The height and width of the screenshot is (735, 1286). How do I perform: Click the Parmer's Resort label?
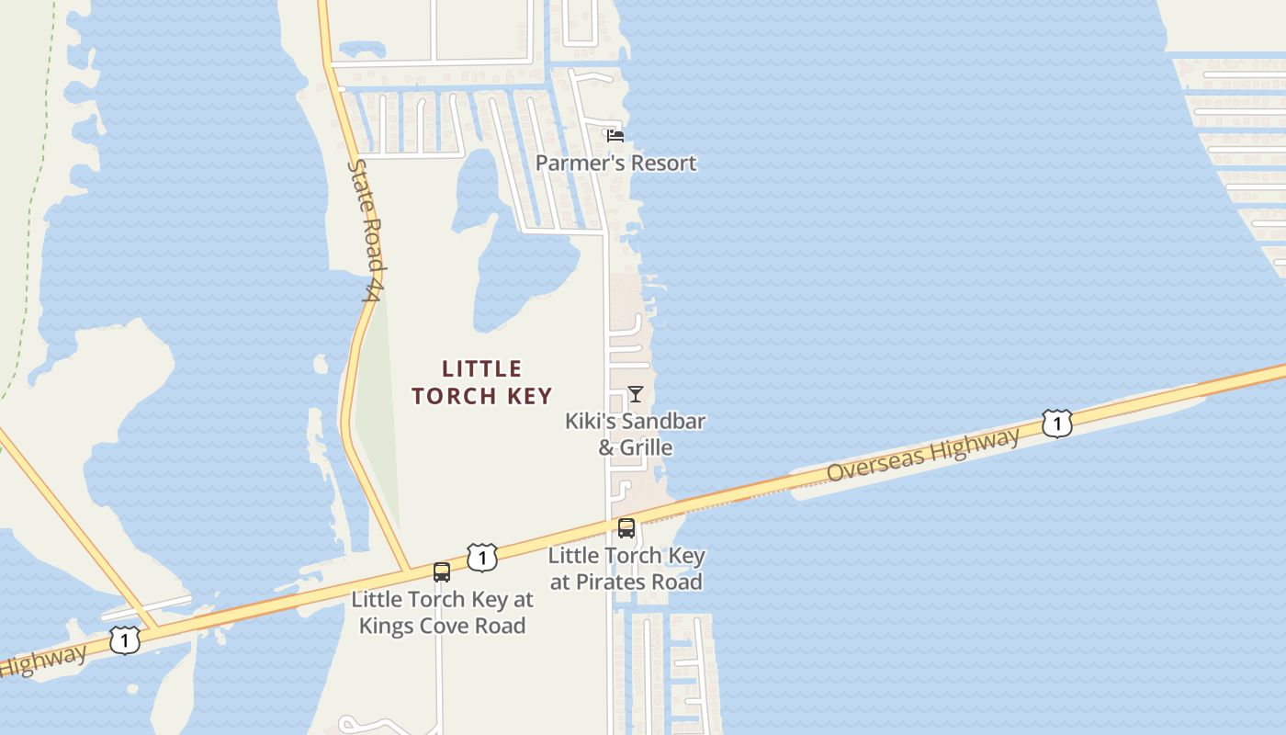pos(615,164)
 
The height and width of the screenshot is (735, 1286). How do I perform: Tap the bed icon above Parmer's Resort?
pos(615,136)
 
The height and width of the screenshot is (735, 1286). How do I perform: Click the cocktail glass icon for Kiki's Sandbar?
pos(635,394)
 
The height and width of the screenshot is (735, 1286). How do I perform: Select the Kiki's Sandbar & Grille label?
pos(635,435)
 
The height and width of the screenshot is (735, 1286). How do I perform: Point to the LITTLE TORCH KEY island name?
pos(481,382)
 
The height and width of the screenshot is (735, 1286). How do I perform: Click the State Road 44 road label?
pos(366,230)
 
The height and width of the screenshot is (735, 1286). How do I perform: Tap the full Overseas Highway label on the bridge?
pos(922,455)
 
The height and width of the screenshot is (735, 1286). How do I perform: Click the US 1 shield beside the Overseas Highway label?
pos(1057,424)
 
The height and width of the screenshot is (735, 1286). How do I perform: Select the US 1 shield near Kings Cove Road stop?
pos(481,557)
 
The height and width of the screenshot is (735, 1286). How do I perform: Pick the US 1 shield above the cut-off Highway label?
pos(125,639)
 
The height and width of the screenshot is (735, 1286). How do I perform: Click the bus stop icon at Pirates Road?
pos(626,528)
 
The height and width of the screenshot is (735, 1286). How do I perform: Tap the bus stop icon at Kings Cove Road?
pos(442,572)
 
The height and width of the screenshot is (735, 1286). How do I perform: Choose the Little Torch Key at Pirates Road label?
pos(626,569)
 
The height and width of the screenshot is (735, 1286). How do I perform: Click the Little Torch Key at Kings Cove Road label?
pos(442,613)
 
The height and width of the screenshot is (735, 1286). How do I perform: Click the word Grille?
pos(647,448)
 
